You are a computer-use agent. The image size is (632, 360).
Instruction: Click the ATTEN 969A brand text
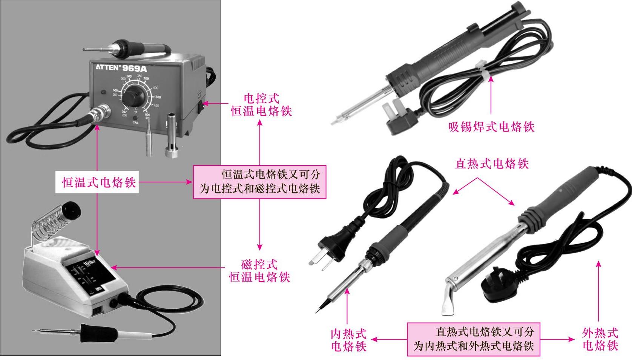tap(120, 68)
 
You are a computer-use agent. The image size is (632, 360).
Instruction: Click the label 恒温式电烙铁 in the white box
tap(97, 183)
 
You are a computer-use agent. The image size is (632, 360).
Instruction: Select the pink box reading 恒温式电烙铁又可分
tap(260, 182)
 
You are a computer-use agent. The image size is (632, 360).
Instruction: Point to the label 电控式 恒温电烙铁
tap(261, 105)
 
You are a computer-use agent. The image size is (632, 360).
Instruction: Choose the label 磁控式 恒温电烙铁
tap(260, 271)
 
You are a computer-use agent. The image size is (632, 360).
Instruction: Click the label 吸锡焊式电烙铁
tap(491, 127)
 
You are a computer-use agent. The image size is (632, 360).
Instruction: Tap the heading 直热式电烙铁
tap(492, 164)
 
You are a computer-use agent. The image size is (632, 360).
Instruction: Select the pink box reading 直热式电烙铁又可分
tap(474, 339)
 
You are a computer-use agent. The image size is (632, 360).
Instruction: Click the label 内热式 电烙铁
tap(349, 340)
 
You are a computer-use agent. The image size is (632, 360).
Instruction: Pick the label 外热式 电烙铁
tap(600, 339)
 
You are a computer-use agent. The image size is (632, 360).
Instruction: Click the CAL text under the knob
tap(135, 123)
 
